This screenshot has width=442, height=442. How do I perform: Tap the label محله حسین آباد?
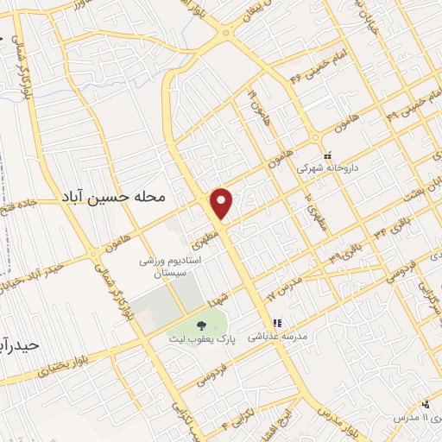coord(112,197)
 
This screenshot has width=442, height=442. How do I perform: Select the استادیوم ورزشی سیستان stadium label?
coord(171,265)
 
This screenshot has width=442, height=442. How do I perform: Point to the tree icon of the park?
coord(201,325)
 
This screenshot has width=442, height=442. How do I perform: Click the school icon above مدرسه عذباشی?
coord(266,325)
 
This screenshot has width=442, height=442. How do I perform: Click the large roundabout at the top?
coord(226,33)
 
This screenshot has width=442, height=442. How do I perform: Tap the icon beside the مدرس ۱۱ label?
coord(425,404)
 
